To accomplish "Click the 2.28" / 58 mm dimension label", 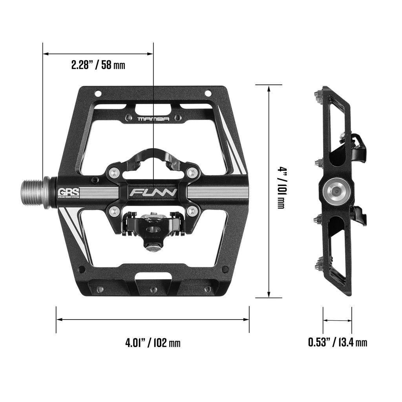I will click(98, 65).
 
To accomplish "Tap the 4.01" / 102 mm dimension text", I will click(153, 342).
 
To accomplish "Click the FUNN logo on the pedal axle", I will click(153, 193).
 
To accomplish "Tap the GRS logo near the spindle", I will click(69, 192).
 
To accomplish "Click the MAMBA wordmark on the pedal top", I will click(153, 119).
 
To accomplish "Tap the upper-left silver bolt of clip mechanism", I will click(114, 172).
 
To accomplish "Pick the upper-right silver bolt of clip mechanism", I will click(192, 172).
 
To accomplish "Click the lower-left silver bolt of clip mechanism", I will click(114, 212).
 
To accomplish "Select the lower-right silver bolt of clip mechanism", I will click(192, 212).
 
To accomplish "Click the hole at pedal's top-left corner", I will click(98, 93).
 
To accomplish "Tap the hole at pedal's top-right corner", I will click(208, 93).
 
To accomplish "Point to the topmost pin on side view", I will click(318, 95).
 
